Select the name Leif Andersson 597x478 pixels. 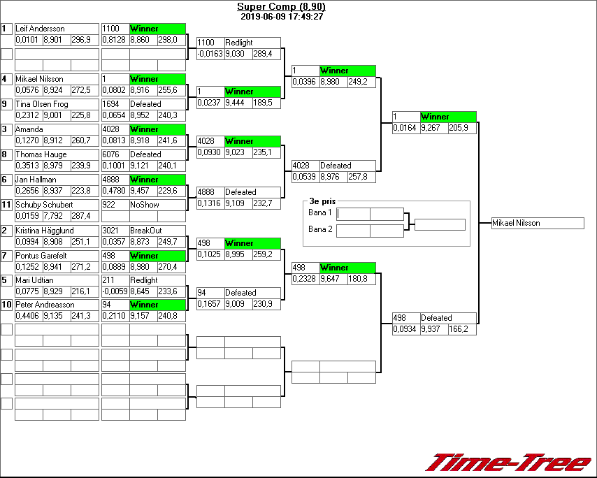point(40,29)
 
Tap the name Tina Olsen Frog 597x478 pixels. point(42,104)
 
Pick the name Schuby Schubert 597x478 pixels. point(44,205)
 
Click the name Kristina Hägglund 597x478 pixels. point(45,231)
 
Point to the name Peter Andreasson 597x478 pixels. point(45,305)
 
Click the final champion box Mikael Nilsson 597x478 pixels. point(537,223)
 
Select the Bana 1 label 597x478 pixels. point(319,212)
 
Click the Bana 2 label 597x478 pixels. point(319,229)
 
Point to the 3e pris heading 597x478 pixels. point(323,201)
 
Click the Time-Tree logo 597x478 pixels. point(508,463)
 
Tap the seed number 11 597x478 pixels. point(6,205)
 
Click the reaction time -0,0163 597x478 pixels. point(210,54)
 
